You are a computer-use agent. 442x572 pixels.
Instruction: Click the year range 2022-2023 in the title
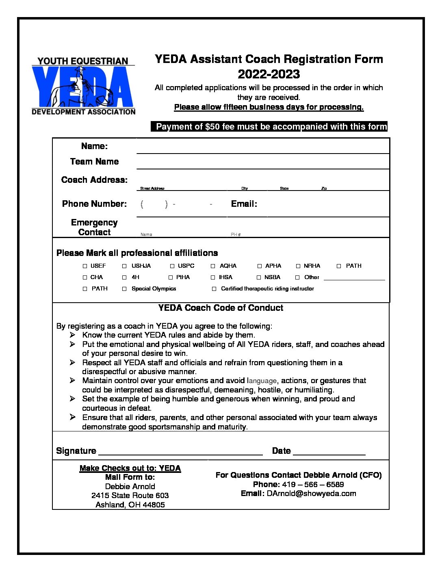(x=269, y=74)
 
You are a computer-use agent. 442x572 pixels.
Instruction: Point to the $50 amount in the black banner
(x=212, y=127)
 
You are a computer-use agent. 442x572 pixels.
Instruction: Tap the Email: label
(x=244, y=204)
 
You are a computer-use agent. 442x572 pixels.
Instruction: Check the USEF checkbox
(x=85, y=266)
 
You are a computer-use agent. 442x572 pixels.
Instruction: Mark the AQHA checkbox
(x=213, y=266)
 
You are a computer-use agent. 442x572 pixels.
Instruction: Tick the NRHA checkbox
(x=298, y=266)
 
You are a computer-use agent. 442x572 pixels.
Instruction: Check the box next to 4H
(x=124, y=277)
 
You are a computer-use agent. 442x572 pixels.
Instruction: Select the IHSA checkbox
(x=213, y=277)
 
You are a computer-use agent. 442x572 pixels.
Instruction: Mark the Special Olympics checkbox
(x=124, y=289)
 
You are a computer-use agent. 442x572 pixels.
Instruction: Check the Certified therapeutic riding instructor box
(x=214, y=289)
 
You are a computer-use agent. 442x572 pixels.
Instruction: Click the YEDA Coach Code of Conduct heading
(x=221, y=308)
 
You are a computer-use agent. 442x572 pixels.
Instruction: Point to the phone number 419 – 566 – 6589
(x=313, y=485)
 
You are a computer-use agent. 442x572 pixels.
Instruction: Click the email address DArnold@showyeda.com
(x=311, y=494)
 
